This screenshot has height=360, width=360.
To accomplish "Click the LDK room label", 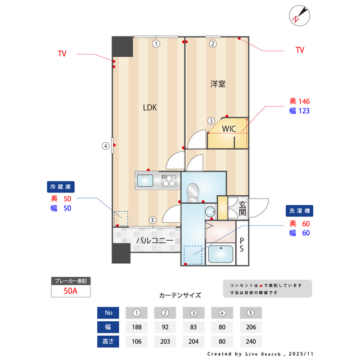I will pos(149,107).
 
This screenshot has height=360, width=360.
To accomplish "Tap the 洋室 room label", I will pos(218,84).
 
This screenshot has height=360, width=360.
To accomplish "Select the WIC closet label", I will pos(228,129).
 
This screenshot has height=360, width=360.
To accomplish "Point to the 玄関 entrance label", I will pos(242,209).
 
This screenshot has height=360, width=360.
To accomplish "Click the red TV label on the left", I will pos(62,54).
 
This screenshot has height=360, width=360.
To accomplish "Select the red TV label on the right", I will pos(300,50).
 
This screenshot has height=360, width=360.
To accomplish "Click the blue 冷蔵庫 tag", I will pos(61,186).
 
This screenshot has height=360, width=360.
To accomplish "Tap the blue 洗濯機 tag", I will pos(300,210).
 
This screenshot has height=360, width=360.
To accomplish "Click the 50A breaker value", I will pos(70,291).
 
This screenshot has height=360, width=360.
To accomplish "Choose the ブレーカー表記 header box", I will pos(70,280).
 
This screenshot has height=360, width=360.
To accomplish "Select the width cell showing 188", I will pos(136,327).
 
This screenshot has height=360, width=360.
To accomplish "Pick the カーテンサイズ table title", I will pos(179,295).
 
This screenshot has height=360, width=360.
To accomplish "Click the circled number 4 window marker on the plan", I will pos(105,146).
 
